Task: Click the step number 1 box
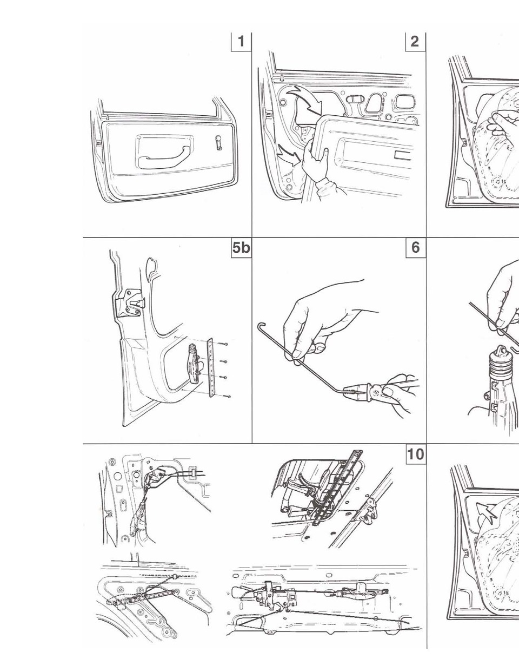tap(241, 42)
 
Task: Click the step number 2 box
tap(415, 42)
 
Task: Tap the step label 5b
tap(241, 248)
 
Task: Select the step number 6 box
tap(416, 248)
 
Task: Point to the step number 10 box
tap(416, 454)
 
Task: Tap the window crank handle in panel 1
tap(218, 142)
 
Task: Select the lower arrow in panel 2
tap(289, 155)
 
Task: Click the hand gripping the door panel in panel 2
tap(315, 161)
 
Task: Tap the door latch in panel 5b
tap(131, 303)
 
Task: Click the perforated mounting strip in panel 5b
tap(211, 367)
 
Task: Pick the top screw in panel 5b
tap(224, 344)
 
